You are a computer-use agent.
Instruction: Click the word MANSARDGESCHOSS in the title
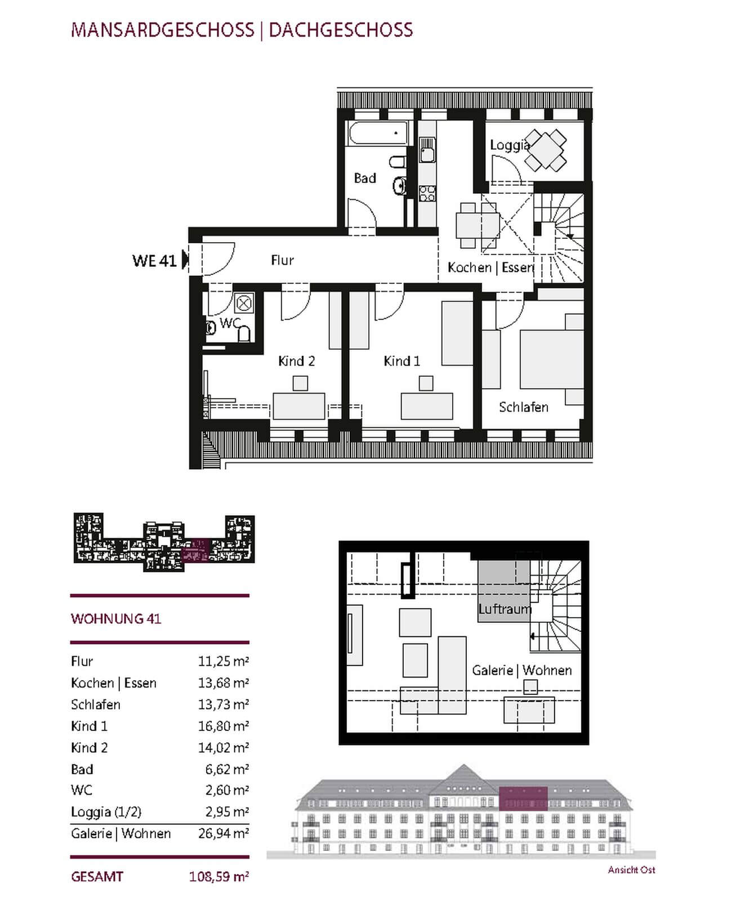coord(162,30)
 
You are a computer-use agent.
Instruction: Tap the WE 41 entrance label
coord(154,261)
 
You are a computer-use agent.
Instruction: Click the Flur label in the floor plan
coord(282,260)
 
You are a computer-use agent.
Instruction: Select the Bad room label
coord(364,178)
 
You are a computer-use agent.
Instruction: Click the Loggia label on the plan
coord(510,145)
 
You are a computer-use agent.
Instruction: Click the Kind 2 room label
coord(296,361)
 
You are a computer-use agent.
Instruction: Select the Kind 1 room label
coord(402,361)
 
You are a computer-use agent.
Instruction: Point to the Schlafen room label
coord(524,407)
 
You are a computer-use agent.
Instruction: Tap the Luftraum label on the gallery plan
coord(505,609)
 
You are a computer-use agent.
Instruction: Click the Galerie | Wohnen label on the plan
coord(521,670)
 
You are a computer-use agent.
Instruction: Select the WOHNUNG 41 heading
coord(116,619)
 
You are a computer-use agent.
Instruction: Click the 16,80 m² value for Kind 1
coord(224,726)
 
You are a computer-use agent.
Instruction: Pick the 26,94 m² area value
coord(224,833)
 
